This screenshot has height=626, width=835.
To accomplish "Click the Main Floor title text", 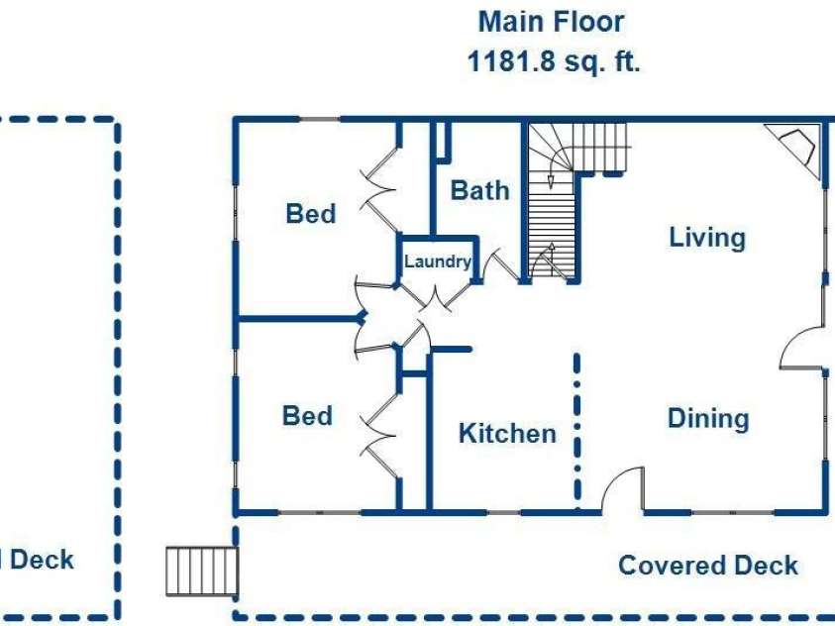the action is click(x=551, y=23).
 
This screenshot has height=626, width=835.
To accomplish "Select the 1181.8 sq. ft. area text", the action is click(x=554, y=61).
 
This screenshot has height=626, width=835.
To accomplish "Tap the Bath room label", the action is click(x=479, y=190).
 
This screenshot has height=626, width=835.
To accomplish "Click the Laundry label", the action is click(x=438, y=261).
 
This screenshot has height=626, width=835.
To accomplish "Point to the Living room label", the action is click(x=706, y=238).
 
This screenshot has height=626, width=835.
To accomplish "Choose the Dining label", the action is click(x=708, y=418).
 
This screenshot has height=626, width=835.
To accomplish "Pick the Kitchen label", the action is click(x=507, y=433).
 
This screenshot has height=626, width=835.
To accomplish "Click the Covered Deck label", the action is click(x=708, y=566).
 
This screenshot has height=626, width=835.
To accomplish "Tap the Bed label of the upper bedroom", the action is click(x=311, y=214).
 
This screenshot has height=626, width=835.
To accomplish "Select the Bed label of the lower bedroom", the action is click(x=307, y=416).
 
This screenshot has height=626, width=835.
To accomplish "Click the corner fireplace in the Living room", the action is click(x=795, y=149).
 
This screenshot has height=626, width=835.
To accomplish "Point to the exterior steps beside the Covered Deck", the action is click(x=202, y=572).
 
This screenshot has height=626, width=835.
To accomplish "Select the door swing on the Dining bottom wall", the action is click(x=623, y=488).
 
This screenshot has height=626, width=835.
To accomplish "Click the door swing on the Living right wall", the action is click(x=802, y=347).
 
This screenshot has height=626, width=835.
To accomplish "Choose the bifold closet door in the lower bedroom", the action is click(x=379, y=436).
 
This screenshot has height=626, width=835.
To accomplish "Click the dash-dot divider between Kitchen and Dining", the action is click(x=576, y=431).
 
